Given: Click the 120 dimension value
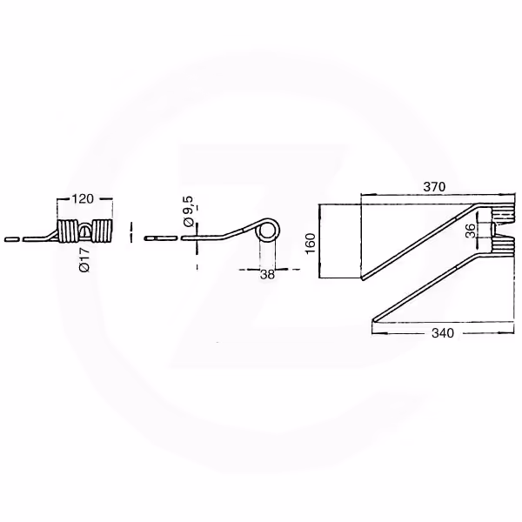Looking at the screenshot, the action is (x=83, y=198).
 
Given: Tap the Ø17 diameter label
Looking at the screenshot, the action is (x=85, y=259).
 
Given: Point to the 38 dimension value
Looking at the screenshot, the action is (x=267, y=274).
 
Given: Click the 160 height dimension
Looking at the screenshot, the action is (x=311, y=244).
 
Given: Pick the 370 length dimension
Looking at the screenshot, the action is (x=434, y=187).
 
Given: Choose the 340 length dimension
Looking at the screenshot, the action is (x=443, y=333).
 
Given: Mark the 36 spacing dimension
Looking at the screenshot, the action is (x=471, y=231).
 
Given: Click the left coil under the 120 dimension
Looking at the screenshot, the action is (x=68, y=231).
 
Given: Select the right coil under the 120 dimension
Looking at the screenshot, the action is (x=102, y=231).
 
